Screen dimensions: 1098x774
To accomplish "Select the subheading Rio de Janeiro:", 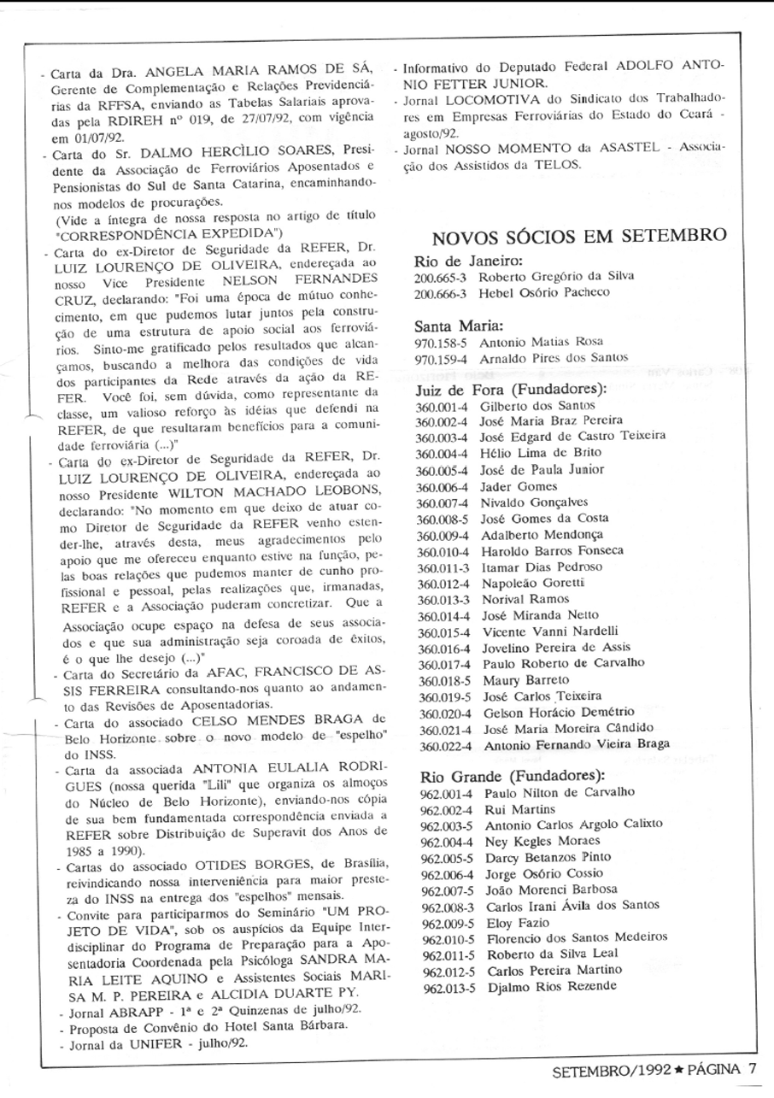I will [467, 261].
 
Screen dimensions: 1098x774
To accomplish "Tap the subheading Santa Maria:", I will [458, 325].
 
